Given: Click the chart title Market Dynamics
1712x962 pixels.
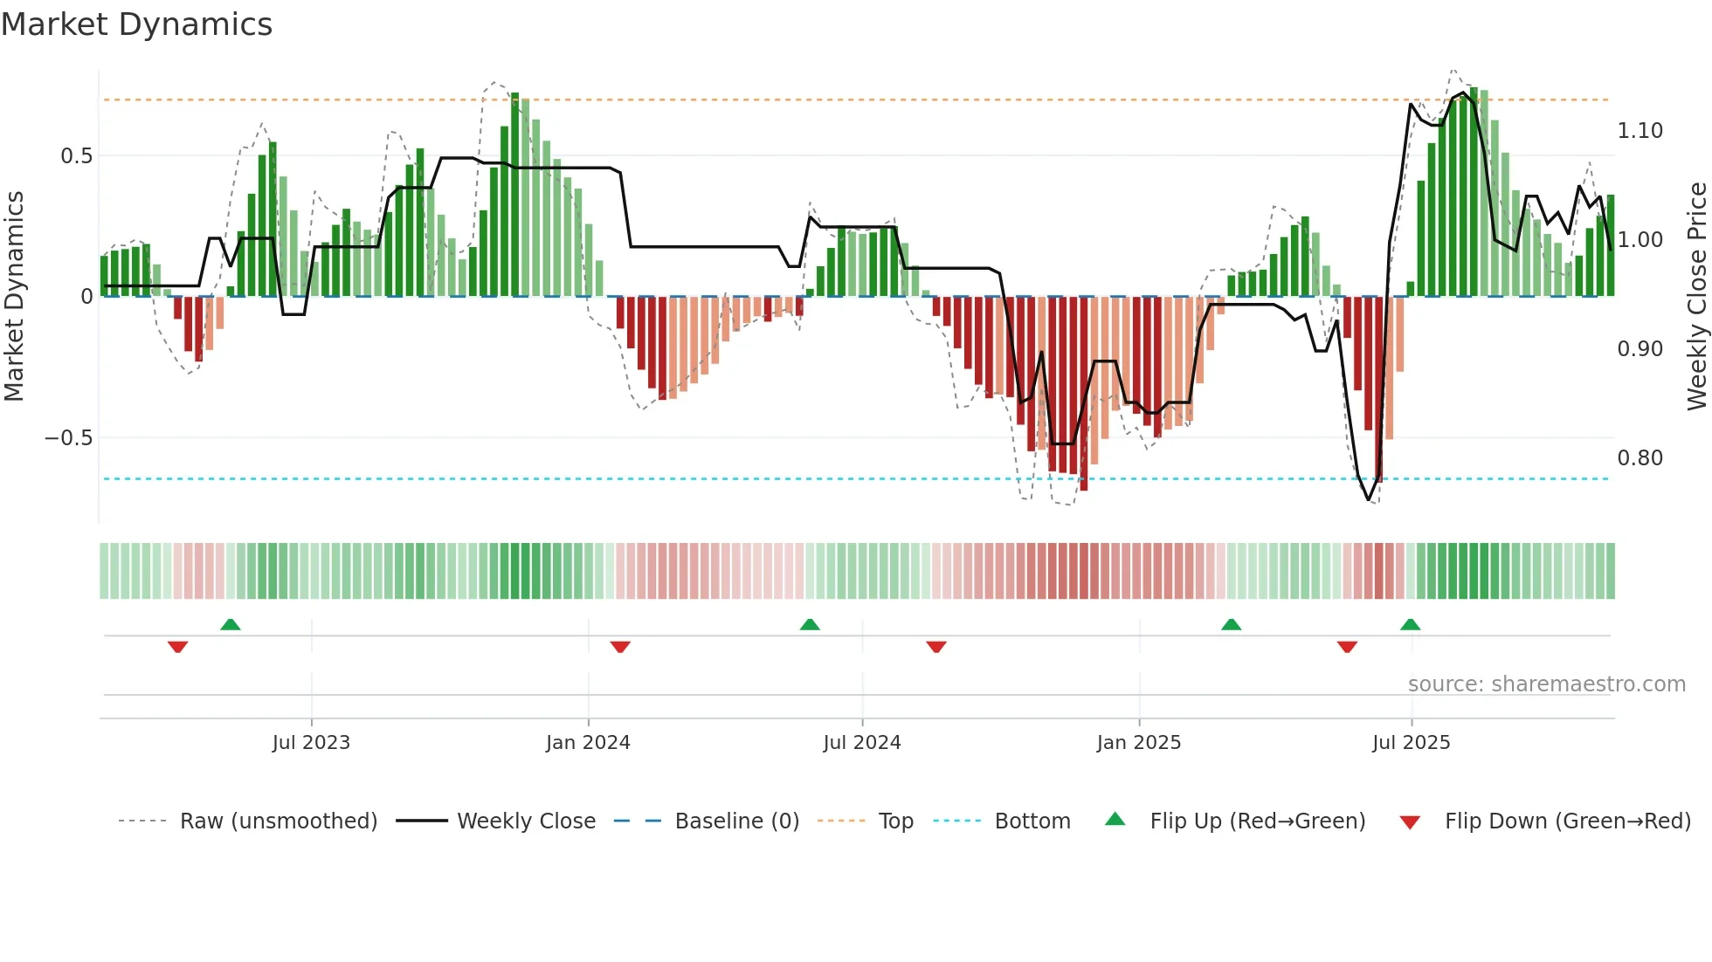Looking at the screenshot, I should point(137,24).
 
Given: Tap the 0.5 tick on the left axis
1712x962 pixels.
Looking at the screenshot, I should point(76,156).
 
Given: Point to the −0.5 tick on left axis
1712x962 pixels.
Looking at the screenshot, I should point(69,438).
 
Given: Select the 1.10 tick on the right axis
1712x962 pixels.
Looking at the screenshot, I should point(1640,131).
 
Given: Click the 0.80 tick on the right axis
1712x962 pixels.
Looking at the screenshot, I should point(1640,458).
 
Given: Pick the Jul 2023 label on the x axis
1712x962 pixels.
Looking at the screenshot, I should point(311,743).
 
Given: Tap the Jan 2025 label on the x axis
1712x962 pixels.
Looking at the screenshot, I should point(1138,743).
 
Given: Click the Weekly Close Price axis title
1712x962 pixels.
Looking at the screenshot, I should point(1696,297).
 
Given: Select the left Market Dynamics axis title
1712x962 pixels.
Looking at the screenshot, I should point(14,297).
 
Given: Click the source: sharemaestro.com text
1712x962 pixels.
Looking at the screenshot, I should point(1546,684).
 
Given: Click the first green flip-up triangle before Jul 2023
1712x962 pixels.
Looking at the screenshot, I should point(230,625).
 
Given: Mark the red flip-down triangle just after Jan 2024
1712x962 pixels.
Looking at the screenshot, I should point(620,647).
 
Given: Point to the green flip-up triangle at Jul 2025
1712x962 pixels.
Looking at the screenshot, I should point(1410,625).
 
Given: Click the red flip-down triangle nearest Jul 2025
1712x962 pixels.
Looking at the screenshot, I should point(1347,647).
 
